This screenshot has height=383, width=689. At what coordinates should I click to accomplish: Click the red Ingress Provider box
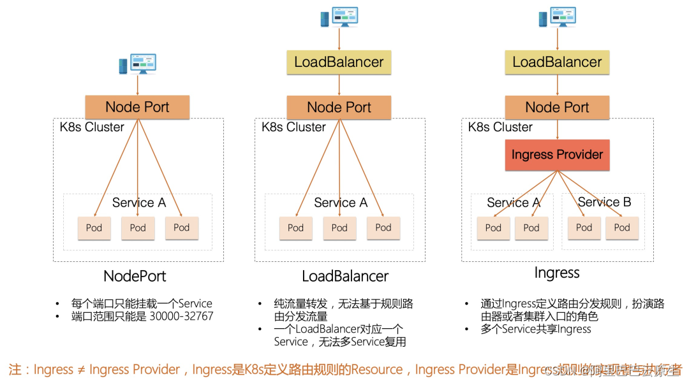point(557,155)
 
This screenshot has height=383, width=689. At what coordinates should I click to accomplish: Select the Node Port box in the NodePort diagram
point(137,107)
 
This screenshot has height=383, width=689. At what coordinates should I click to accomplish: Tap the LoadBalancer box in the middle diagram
point(339,62)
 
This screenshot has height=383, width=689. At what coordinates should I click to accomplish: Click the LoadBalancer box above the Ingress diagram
point(557,62)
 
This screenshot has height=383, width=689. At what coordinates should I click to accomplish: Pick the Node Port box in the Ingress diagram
point(557,107)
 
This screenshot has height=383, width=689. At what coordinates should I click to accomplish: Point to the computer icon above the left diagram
point(137,64)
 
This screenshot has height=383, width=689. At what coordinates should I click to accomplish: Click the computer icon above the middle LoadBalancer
point(339,18)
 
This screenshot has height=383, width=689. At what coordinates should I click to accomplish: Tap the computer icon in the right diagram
point(557,18)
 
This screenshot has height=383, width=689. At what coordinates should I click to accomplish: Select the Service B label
point(604,202)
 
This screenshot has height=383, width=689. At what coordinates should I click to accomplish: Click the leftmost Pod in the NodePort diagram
point(94,228)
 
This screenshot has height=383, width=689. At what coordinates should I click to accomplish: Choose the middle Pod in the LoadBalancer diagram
point(339,228)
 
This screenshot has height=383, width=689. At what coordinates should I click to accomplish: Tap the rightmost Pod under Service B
point(622,228)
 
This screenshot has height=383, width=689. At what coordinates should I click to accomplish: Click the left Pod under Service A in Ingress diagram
point(493,228)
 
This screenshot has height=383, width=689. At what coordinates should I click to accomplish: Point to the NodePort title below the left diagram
point(135,276)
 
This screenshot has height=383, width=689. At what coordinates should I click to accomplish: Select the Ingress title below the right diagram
point(557,273)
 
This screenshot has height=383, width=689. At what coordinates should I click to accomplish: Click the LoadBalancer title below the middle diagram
point(345,276)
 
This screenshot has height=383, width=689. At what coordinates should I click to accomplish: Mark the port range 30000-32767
point(181,316)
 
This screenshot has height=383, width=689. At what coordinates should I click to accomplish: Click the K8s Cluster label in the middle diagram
point(293,127)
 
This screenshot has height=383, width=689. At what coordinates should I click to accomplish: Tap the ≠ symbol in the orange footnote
point(81,370)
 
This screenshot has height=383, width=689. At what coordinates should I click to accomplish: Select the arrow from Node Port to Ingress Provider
point(557,129)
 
